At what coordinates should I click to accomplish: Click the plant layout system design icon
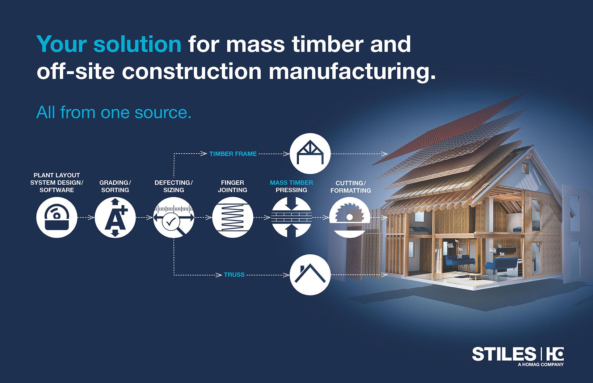(x=57, y=217)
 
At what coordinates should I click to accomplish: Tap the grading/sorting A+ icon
(x=115, y=217)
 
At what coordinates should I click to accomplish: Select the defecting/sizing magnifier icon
(x=174, y=217)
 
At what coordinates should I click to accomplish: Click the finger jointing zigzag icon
(x=233, y=217)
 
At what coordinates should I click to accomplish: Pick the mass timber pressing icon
(x=292, y=217)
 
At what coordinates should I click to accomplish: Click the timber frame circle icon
(x=310, y=153)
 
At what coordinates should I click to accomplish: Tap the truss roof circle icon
(x=310, y=274)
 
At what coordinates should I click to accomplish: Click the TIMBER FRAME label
(x=233, y=154)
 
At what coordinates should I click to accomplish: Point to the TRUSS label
(x=234, y=275)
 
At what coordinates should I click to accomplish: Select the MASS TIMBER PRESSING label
(x=291, y=186)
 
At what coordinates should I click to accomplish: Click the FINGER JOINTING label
(x=233, y=186)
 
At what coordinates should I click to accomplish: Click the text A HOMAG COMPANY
(x=540, y=364)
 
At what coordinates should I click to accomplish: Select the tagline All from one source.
(x=114, y=112)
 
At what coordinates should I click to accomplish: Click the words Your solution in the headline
(x=109, y=44)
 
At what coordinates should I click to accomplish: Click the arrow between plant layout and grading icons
(x=86, y=217)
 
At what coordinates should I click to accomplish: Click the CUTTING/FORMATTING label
(x=351, y=187)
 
